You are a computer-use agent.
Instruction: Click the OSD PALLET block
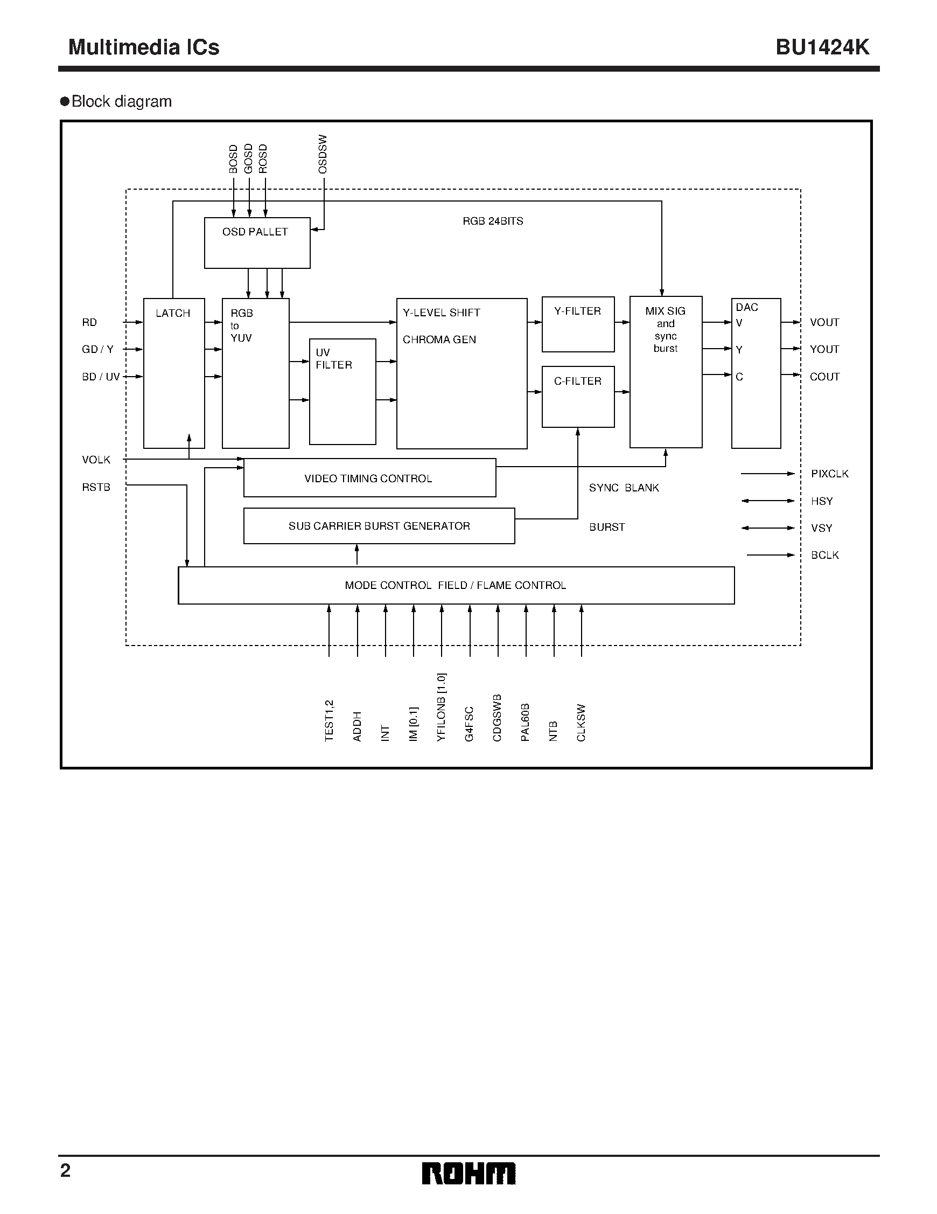257,243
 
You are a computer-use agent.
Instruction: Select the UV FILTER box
342,391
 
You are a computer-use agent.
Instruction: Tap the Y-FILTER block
578,324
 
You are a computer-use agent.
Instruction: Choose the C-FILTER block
578,397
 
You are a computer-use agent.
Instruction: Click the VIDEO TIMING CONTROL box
369,478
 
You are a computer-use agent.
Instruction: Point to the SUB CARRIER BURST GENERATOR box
379,526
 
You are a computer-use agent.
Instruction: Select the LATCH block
174,373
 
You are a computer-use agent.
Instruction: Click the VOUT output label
824,322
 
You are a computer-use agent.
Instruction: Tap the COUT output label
824,377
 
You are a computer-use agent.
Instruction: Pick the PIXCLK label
829,474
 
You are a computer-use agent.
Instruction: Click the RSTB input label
96,488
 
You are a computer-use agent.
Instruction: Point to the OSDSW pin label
323,154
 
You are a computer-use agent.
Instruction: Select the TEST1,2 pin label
329,720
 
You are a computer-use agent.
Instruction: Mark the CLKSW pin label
581,723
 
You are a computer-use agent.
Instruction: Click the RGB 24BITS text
493,221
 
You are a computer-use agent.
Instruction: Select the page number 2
66,1171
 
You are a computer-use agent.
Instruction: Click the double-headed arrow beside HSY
768,501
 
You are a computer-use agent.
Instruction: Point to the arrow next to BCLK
771,555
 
